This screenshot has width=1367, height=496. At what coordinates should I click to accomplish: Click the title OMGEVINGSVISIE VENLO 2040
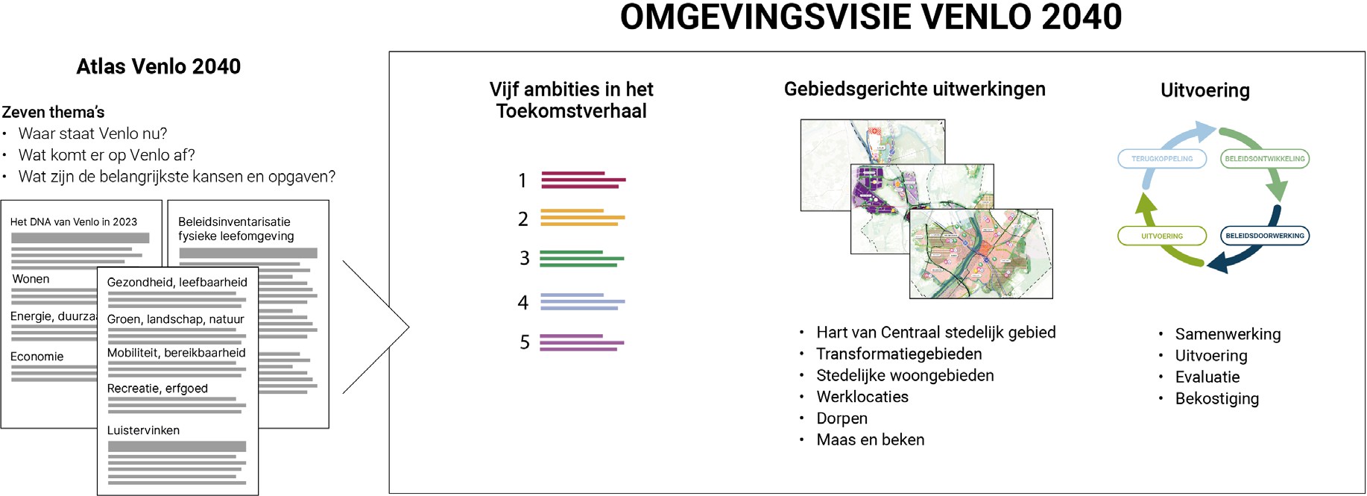(871, 17)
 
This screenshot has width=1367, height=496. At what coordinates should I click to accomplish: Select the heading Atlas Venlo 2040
(158, 66)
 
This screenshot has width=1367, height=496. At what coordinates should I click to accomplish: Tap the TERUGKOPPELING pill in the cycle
(1161, 159)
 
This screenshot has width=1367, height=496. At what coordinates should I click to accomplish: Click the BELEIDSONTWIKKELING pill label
(1264, 159)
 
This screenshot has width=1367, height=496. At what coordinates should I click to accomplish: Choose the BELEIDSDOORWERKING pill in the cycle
(1264, 236)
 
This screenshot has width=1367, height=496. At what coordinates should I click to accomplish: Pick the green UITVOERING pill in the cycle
(1161, 236)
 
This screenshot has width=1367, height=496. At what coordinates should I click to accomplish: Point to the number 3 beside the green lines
(524, 258)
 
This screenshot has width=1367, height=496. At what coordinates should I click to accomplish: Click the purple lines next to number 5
(582, 342)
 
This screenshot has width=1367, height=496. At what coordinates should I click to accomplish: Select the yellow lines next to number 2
(582, 218)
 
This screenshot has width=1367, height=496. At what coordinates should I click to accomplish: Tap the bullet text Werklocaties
(862, 397)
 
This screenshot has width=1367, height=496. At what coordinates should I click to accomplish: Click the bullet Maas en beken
(870, 440)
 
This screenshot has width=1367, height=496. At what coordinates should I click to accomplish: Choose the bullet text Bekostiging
(1216, 398)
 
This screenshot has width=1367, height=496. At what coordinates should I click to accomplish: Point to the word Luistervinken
(143, 430)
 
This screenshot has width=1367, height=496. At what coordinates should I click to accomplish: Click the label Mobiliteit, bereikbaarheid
(176, 353)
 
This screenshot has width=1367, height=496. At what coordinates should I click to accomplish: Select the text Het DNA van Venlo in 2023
(74, 222)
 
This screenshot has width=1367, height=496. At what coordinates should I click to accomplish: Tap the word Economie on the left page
(37, 357)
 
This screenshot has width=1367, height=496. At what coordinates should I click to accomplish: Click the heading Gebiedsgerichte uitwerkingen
(914, 90)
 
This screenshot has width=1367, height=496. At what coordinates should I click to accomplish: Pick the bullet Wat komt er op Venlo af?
(107, 155)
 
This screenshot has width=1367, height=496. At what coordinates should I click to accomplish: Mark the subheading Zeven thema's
(53, 113)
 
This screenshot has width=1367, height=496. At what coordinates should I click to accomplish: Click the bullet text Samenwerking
(1227, 334)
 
